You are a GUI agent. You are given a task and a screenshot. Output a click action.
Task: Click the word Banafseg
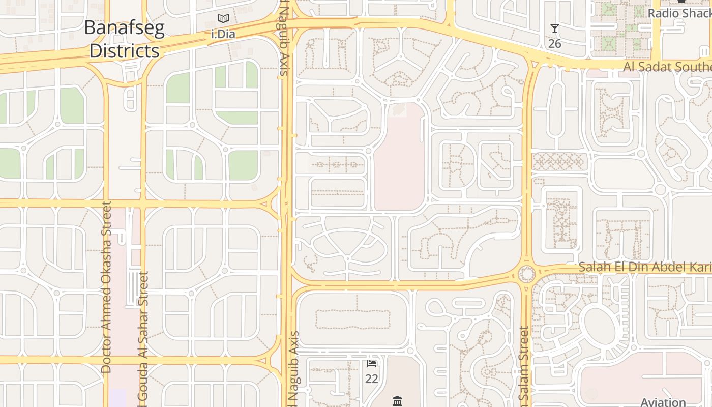(x=124, y=28)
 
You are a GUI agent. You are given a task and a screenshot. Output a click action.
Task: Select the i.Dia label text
(x=223, y=35)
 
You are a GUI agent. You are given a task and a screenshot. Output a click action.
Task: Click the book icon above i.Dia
(x=223, y=19)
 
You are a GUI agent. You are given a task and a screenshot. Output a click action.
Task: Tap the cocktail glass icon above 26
(x=554, y=29)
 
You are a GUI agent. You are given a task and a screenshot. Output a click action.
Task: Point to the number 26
(x=554, y=44)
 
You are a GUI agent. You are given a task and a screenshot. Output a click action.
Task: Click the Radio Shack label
(x=679, y=13)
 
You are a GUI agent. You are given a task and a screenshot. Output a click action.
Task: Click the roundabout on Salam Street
(x=526, y=275)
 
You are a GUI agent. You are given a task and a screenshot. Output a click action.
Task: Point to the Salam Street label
(x=523, y=363)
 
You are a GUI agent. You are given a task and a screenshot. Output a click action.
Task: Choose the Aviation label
(x=663, y=402)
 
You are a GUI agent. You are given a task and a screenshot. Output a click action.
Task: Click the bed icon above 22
(x=372, y=364)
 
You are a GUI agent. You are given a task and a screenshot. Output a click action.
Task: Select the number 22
(x=372, y=379)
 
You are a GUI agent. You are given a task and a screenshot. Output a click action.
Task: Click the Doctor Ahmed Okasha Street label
(x=106, y=287)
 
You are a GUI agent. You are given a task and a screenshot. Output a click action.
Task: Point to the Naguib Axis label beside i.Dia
(x=283, y=38)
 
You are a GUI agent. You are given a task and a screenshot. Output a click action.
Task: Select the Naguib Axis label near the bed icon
(x=293, y=369)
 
